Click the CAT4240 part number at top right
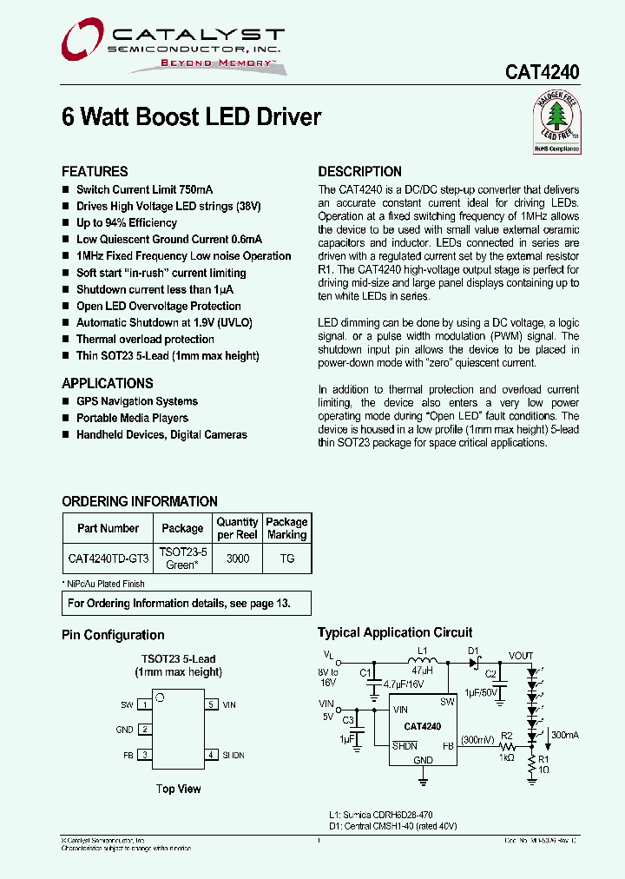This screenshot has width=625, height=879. tap(543, 73)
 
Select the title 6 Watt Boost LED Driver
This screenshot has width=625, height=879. tap(191, 117)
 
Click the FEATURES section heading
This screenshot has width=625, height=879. tap(95, 172)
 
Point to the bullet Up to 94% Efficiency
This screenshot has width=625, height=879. tap(126, 222)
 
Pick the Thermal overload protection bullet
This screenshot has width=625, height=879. tap(145, 339)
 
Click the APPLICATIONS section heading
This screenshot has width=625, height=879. tap(107, 383)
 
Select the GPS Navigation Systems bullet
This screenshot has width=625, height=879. tap(136, 401)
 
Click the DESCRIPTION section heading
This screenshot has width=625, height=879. tap(359, 172)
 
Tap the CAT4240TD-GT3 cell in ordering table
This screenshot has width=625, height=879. tap(108, 558)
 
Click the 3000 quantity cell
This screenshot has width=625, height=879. tap(237, 558)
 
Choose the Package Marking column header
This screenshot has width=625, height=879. tap(286, 528)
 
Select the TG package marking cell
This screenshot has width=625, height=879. tap(286, 558)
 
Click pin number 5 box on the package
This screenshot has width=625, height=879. tap(211, 704)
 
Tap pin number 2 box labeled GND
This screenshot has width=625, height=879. tap(145, 730)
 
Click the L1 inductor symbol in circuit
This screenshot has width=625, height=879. tap(422, 662)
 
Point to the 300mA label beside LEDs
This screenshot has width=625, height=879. tap(564, 735)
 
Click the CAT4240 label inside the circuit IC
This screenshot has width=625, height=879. tap(422, 726)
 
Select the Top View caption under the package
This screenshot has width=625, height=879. tap(178, 789)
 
